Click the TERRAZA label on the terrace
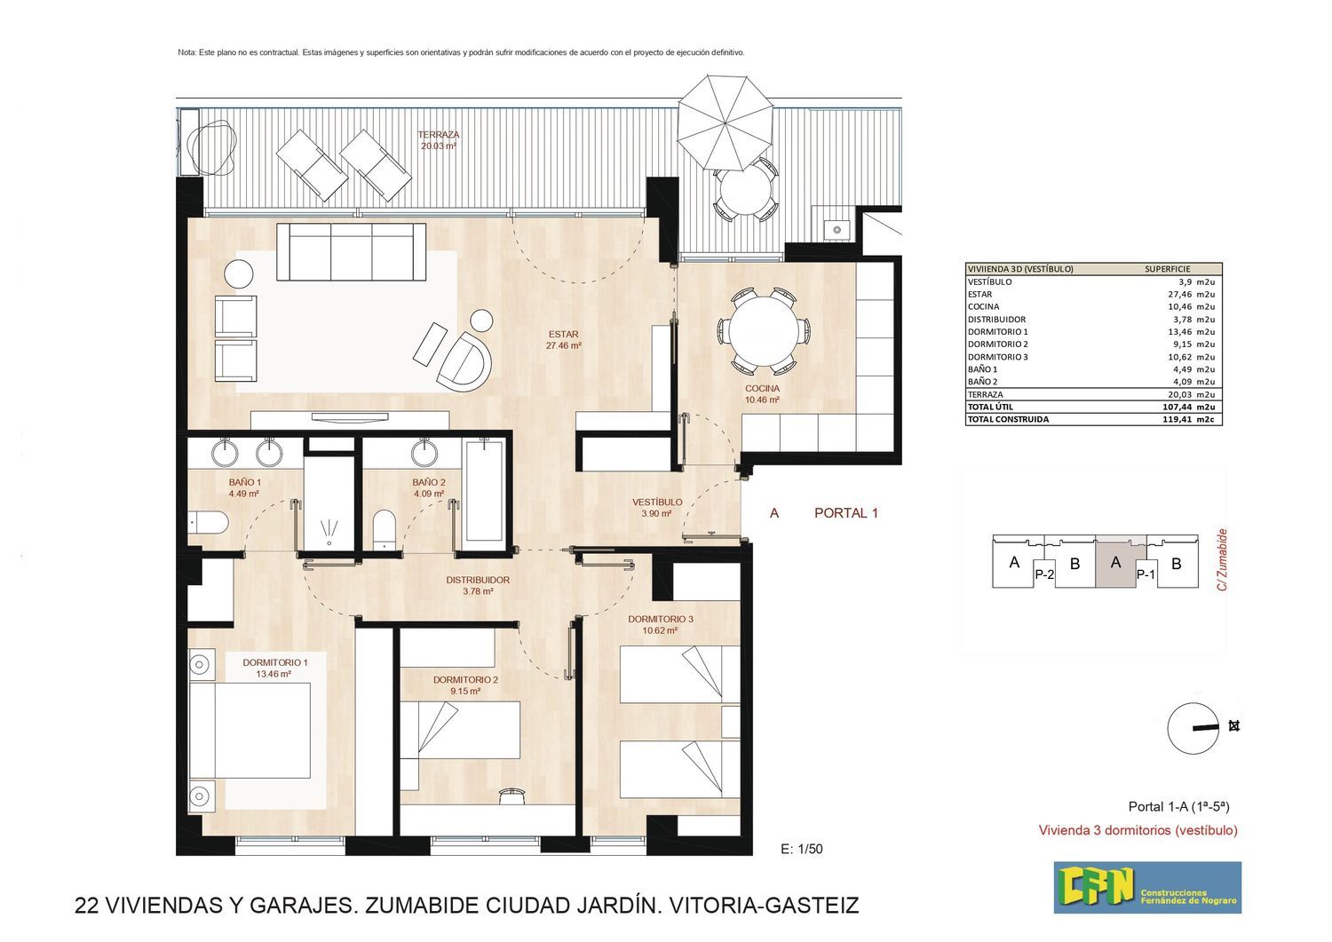tap(439, 135)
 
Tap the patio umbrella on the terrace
tap(725, 123)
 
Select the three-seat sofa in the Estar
tap(351, 251)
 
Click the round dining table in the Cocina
tap(764, 330)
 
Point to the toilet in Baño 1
tap(208, 523)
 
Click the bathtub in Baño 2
tap(484, 491)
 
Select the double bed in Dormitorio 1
tap(250, 731)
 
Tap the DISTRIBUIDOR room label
tap(478, 580)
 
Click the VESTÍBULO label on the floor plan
tap(657, 502)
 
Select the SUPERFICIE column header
tap(1168, 269)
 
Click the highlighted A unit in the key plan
tap(1115, 562)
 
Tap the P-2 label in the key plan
tap(1044, 574)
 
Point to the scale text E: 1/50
tap(802, 850)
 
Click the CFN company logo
tap(1147, 887)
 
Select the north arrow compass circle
tap(1193, 729)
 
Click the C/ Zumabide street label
tap(1222, 559)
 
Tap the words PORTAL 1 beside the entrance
tap(846, 512)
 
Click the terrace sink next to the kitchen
tap(836, 229)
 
